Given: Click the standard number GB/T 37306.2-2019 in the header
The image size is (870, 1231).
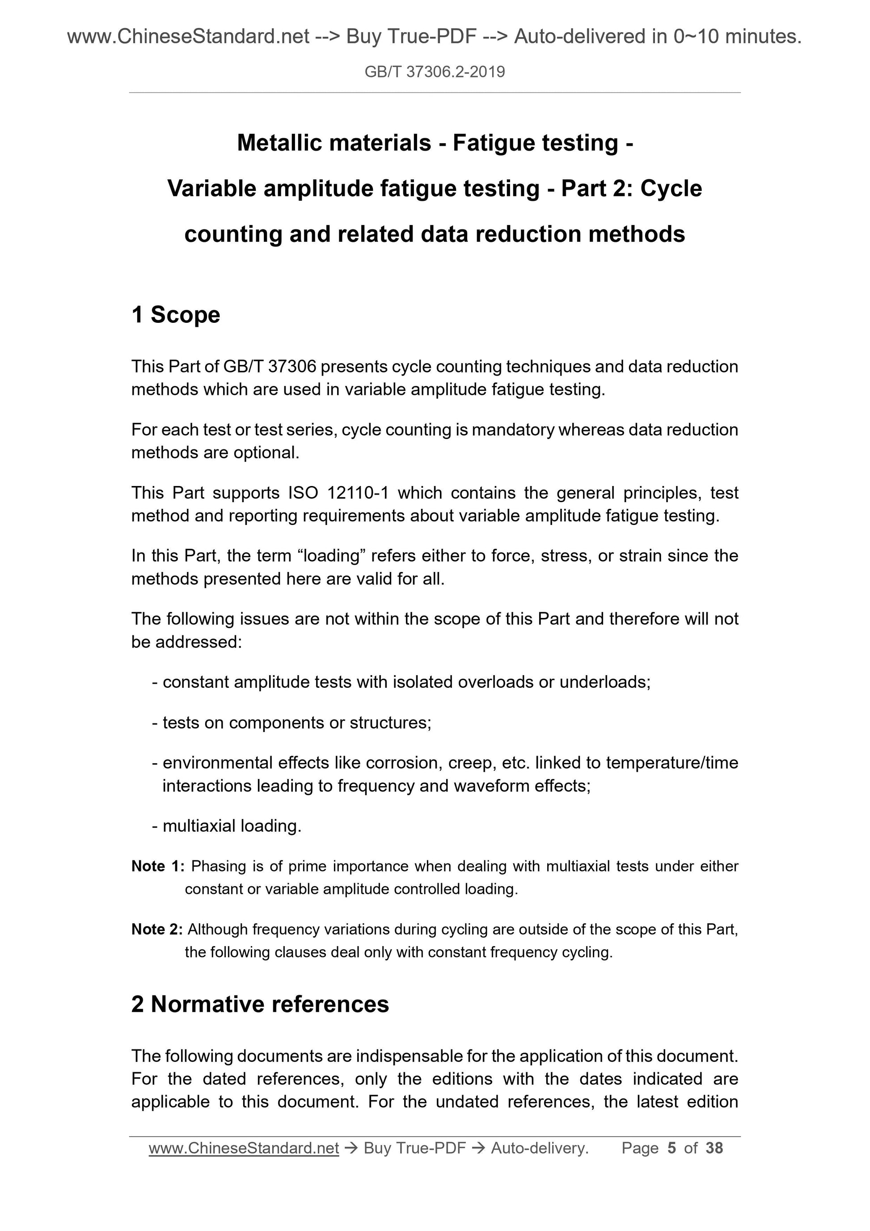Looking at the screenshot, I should point(434,72).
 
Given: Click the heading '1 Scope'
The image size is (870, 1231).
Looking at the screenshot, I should point(175,315).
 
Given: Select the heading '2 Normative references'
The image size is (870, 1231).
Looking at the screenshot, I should point(260,1004).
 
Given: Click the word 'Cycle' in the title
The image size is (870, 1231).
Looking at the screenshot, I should point(670,189).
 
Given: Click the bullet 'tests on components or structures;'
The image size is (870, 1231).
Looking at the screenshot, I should point(296,723).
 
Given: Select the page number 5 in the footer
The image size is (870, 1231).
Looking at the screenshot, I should point(671,1148).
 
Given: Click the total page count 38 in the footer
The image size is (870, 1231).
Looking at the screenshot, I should point(714,1148).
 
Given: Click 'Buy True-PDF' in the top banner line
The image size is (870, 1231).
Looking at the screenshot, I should point(411,37).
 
